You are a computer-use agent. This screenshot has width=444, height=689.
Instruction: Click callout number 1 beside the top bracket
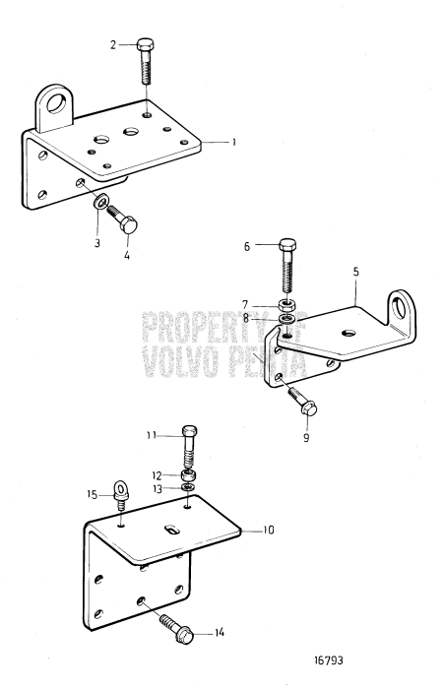[233, 142]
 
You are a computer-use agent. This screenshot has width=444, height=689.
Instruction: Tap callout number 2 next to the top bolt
[112, 44]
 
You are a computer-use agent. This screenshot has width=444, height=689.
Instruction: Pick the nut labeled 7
[287, 320]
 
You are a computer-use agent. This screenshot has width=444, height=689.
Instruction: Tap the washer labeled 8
[300, 400]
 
